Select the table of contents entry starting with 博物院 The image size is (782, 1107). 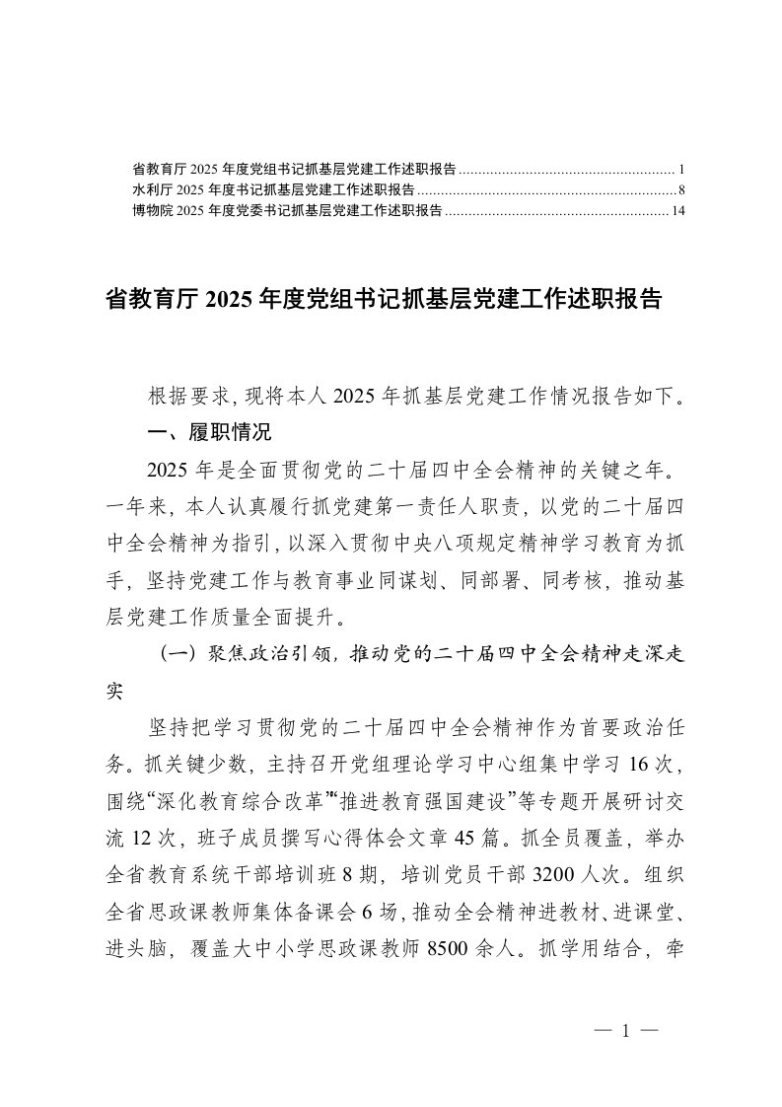coord(286,210)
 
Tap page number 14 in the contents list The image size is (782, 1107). coord(677,210)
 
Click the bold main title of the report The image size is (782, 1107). coord(382,300)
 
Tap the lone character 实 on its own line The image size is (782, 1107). coord(115,692)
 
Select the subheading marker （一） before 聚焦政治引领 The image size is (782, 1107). coord(178,655)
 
